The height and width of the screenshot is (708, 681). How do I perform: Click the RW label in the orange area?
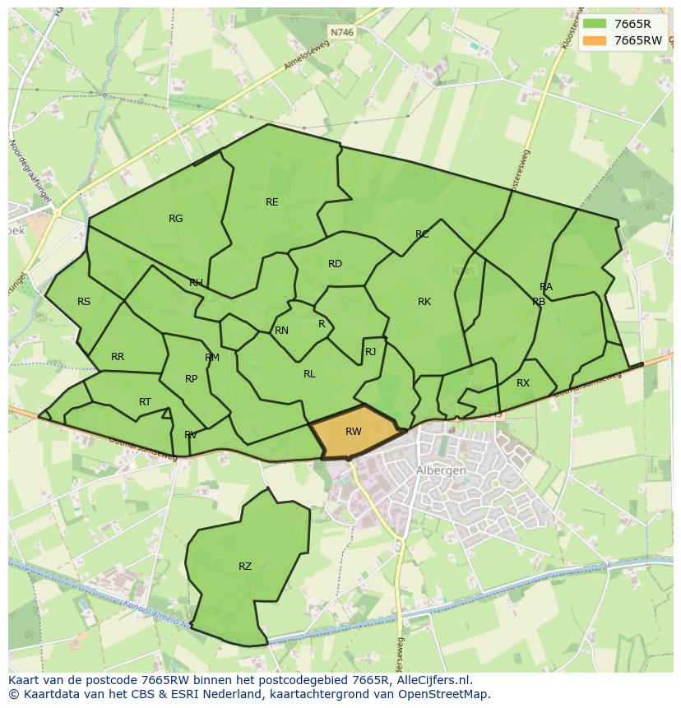353,432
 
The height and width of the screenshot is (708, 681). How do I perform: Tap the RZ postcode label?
245,567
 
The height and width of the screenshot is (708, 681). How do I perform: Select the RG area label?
175,219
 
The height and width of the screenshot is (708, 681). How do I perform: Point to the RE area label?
271,202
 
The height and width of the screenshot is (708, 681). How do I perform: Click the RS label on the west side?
84,302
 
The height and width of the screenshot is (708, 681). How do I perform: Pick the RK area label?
424,302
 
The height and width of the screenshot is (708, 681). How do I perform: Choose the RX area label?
523,383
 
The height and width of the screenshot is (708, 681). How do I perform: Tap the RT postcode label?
145,402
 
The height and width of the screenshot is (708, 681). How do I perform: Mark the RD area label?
335,264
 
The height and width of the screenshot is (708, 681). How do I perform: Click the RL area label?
309,374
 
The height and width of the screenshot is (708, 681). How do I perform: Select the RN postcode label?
281,331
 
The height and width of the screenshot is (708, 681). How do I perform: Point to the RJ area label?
370,352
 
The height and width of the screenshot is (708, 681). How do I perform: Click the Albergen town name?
442,470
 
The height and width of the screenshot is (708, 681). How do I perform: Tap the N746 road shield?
340,32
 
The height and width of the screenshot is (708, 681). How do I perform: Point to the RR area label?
118,357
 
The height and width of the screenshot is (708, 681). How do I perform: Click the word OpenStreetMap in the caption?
444,694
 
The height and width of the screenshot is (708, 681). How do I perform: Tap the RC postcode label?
422,235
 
